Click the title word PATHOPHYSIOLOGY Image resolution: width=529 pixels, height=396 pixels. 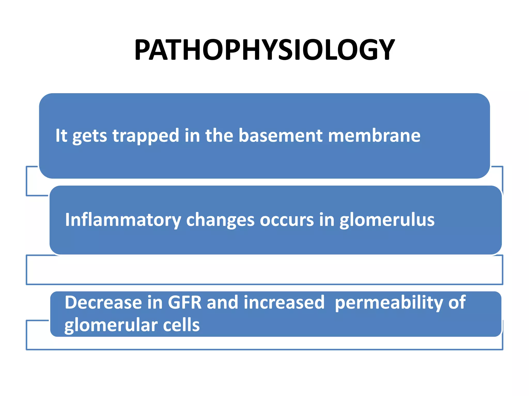(x=264, y=49)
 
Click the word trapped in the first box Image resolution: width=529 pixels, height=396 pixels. (x=146, y=136)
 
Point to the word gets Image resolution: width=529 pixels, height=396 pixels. (x=89, y=136)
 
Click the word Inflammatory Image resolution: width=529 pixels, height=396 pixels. (x=123, y=220)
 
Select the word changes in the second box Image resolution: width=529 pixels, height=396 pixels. (x=220, y=220)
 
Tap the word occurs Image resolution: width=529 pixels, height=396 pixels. (x=287, y=220)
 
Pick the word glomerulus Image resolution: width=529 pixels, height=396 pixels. (x=387, y=220)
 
